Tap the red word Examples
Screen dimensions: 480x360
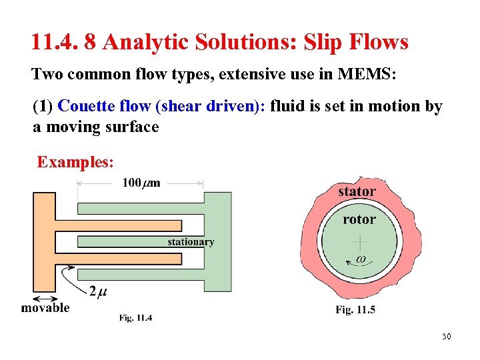tap(75, 162)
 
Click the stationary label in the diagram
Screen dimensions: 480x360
tap(191, 242)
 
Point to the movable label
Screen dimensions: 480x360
tap(45, 307)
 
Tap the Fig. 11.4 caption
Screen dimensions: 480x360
tap(136, 318)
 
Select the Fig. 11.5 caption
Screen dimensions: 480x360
tap(355, 309)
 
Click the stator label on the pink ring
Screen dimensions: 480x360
tap(357, 191)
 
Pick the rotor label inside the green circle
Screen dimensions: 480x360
tap(359, 219)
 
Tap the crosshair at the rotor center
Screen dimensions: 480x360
tap(360, 240)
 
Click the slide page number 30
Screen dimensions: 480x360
tap(446, 336)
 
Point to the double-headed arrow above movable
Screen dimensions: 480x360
tap(45, 297)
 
